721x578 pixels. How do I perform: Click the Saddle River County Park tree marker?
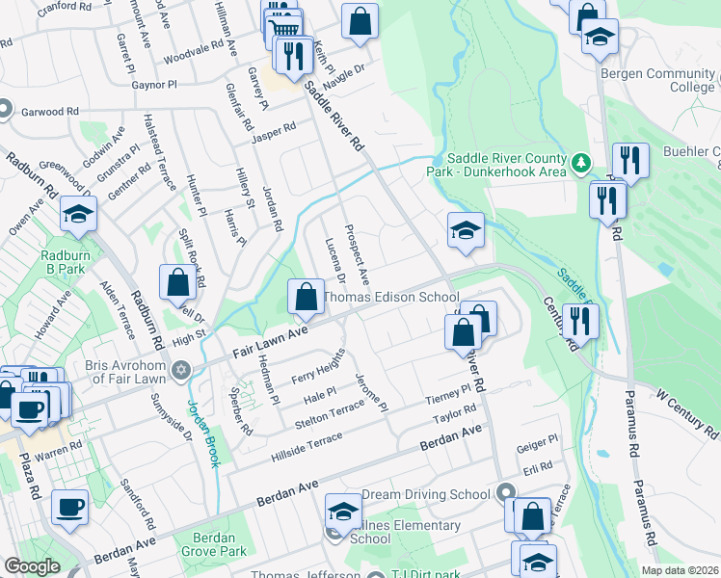point(580,164)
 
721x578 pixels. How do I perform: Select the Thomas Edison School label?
point(390,298)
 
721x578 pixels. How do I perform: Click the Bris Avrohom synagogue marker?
point(179,371)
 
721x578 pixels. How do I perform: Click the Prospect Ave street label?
point(358,252)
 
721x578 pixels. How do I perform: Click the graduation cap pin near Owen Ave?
point(78,215)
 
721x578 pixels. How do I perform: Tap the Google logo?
point(32,566)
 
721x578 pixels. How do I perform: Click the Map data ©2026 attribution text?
point(680,569)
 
